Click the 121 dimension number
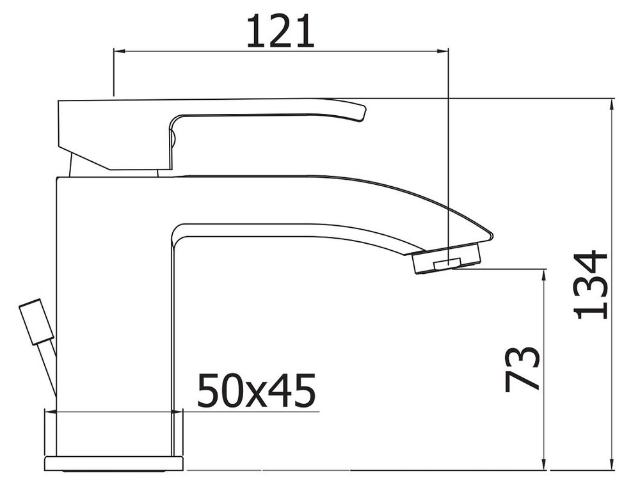pyautogui.click(x=281, y=31)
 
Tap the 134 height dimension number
pyautogui.click(x=591, y=285)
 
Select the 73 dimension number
pyautogui.click(x=522, y=370)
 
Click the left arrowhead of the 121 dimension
pyautogui.click(x=119, y=51)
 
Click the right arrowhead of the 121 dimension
pyautogui.click(x=443, y=51)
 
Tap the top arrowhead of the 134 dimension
pyautogui.click(x=611, y=104)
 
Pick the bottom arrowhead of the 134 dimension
pyautogui.click(x=611, y=464)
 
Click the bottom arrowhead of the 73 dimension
pyautogui.click(x=543, y=464)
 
